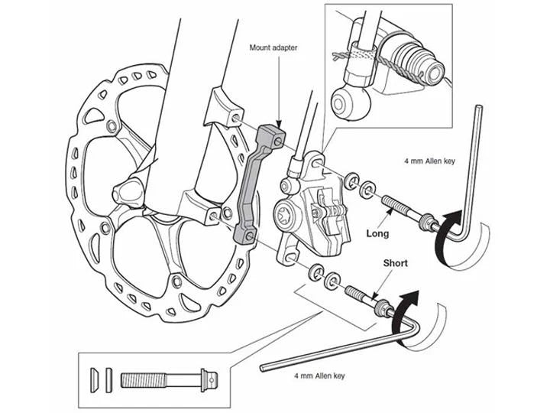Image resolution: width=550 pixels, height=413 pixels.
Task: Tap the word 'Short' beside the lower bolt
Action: pyautogui.click(x=395, y=263)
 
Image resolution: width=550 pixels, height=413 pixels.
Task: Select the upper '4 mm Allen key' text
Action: pyautogui.click(x=429, y=161)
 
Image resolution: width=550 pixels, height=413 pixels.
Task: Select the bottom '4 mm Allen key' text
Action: pyautogui.click(x=319, y=376)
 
